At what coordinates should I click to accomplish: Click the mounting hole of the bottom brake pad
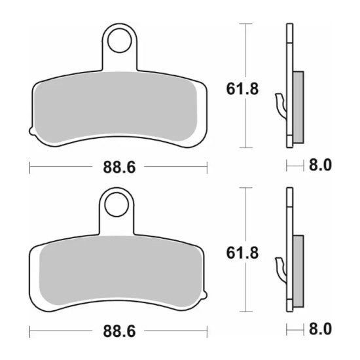[120, 204]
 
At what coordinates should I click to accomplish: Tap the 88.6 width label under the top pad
[118, 168]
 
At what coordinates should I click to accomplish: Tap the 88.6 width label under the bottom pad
[118, 333]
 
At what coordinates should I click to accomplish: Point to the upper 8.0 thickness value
[320, 166]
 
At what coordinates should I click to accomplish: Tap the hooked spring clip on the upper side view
[281, 105]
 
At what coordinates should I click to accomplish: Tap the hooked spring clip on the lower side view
[281, 268]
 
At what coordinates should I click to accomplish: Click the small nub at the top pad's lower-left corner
[33, 134]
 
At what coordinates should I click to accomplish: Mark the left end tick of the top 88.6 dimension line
[30, 168]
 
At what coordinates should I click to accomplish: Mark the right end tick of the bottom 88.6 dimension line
[207, 333]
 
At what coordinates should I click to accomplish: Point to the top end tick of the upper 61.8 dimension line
[246, 24]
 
